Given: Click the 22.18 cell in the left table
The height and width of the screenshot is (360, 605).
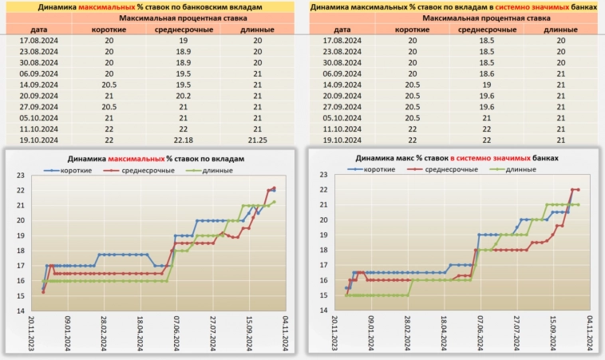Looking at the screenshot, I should click(x=183, y=139).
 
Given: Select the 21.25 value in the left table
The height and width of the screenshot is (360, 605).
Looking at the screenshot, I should click(x=257, y=139).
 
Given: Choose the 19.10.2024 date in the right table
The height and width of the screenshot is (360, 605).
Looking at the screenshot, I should click(x=344, y=139).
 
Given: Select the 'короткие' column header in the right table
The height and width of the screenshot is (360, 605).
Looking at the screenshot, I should click(x=412, y=30).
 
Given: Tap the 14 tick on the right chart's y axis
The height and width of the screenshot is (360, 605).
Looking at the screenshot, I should click(x=324, y=311).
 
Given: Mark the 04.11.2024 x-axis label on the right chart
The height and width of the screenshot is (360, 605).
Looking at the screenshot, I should click(x=589, y=330).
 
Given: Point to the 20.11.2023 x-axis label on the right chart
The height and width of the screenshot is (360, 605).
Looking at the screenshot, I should click(x=336, y=330).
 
